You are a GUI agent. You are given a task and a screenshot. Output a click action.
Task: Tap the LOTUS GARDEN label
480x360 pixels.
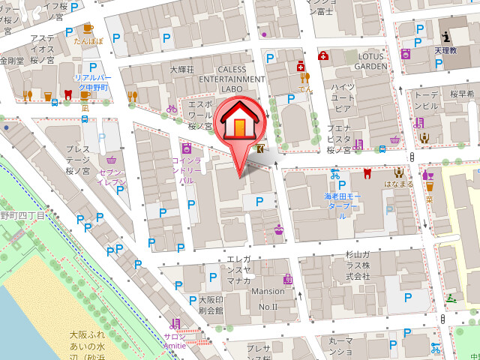369,61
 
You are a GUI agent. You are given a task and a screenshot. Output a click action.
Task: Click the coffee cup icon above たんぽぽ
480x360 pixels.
88,28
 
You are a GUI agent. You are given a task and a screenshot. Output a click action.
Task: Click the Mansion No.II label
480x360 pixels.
268,298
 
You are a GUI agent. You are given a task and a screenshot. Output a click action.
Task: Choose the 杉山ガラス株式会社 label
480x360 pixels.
358,265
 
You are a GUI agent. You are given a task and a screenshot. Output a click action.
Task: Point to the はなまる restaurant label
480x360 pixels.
398,183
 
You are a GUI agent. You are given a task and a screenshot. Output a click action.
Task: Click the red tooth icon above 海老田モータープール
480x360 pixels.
367,174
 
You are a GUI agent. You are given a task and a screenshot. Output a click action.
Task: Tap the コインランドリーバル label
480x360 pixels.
186,170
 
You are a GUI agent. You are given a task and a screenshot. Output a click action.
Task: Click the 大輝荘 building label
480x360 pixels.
181,70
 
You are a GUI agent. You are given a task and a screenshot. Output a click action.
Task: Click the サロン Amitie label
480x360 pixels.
176,341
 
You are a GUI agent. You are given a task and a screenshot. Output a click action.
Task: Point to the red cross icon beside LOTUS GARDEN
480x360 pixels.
324,55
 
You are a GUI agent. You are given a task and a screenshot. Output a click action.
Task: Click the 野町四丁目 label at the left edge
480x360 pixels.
22,215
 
